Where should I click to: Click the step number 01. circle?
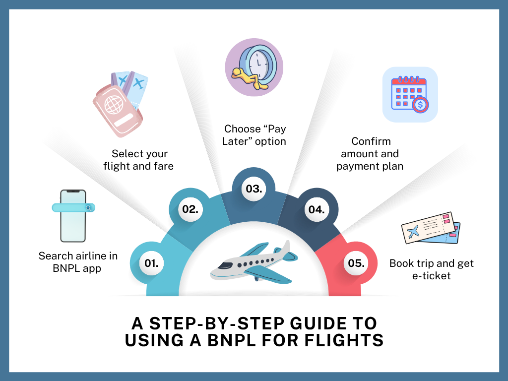tap(152, 263)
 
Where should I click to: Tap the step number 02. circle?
tap(190, 209)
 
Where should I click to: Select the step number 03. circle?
tap(254, 189)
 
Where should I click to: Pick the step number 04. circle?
tap(317, 209)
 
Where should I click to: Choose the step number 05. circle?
tap(356, 263)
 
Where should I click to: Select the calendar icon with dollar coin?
tap(410, 94)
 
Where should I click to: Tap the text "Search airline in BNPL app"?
tap(78, 261)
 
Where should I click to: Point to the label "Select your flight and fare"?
tap(139, 160)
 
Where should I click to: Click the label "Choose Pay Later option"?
tap(255, 135)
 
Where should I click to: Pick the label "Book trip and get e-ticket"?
tap(431, 269)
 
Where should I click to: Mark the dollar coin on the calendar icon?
tap(421, 105)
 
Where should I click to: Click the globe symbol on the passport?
tap(114, 105)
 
